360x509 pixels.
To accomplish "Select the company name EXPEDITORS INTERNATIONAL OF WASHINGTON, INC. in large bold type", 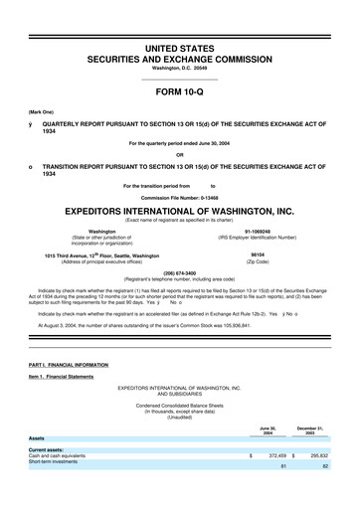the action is coord(179,211).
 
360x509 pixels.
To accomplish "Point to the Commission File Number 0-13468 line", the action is coord(179,197).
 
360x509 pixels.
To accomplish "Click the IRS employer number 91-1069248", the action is coord(258,231).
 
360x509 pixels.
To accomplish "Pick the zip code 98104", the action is coord(258,254).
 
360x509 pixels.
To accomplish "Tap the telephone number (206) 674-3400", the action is coord(179,271).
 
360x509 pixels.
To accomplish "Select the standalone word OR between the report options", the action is coord(179,154).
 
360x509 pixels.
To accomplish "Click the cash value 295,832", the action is coord(319,454).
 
